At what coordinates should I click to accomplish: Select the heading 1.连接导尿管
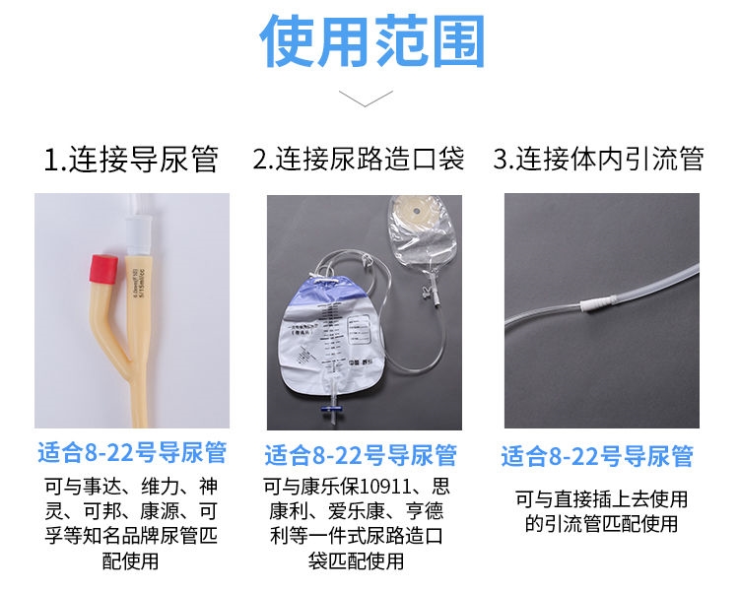131,160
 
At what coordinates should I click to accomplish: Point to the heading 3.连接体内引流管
598,160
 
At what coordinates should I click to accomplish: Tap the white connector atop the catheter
137,233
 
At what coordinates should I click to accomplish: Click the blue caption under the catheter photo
132,453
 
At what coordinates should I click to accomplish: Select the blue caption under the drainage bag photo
361,455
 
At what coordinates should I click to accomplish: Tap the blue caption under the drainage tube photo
597,457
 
